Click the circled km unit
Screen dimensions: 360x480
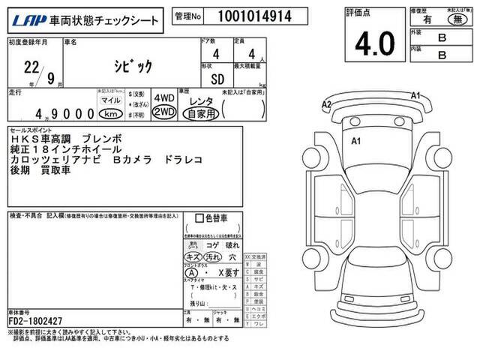point(111,114)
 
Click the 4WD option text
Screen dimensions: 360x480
point(163,98)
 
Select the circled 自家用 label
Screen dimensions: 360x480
point(201,112)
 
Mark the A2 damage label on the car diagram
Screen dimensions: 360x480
point(326,104)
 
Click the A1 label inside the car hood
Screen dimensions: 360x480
point(358,140)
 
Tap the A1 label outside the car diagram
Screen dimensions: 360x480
point(416,94)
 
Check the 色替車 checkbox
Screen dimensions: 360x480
point(199,219)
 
